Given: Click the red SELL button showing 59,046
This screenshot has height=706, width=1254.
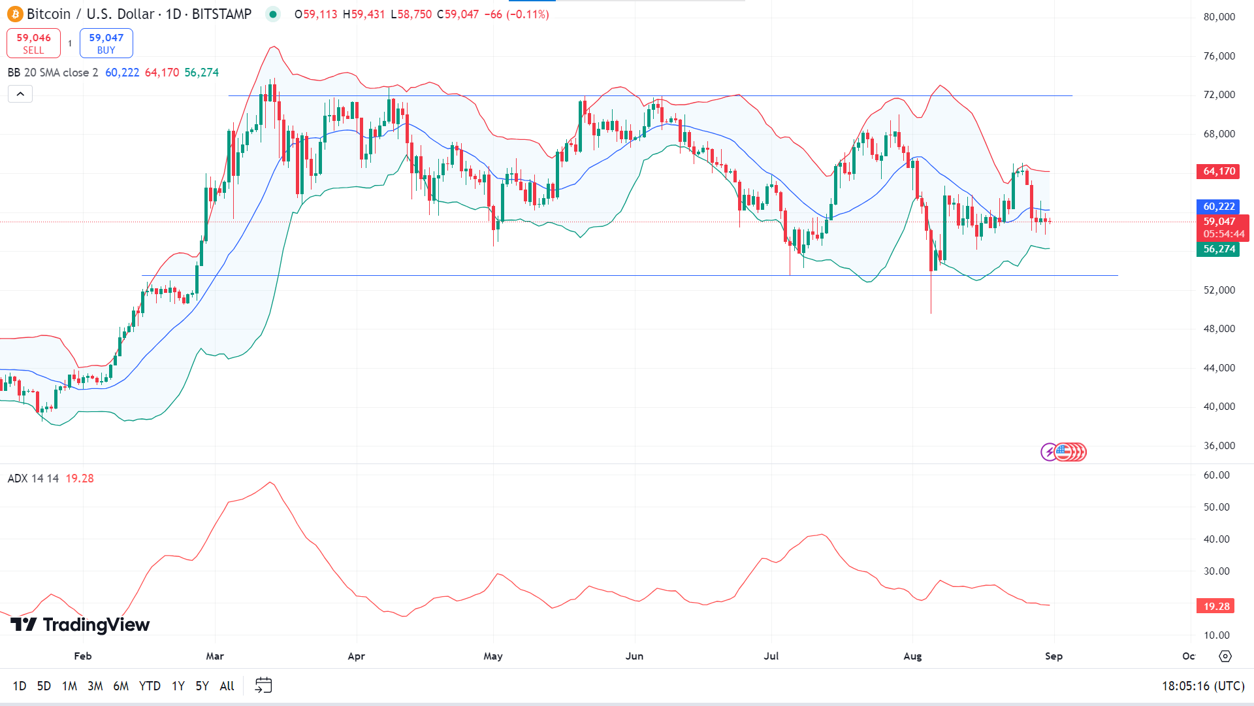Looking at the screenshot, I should [x=33, y=43].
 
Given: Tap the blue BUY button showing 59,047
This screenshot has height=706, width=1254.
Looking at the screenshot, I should [x=106, y=43].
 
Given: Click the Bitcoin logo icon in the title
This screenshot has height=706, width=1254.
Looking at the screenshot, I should [x=14, y=14].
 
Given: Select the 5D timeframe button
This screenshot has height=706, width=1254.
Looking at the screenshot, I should [x=44, y=686].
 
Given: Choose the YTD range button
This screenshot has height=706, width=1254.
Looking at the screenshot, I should [x=150, y=686].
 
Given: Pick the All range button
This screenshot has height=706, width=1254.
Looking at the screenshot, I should [x=227, y=686].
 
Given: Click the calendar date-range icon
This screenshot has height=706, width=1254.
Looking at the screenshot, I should [x=263, y=685].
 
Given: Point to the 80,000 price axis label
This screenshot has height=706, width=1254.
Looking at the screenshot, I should [x=1219, y=17].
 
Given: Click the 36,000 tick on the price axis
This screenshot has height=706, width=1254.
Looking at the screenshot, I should [x=1219, y=446].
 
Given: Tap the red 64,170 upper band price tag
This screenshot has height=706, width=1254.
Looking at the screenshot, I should [x=1219, y=171].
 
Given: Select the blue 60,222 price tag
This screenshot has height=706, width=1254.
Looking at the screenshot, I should [x=1219, y=207].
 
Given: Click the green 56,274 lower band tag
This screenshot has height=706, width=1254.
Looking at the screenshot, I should [x=1219, y=249].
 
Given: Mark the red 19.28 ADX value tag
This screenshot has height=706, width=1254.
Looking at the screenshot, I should [x=1216, y=607].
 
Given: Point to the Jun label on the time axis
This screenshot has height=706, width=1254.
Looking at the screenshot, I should [x=634, y=656].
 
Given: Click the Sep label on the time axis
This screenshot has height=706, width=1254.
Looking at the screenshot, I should [x=1053, y=656].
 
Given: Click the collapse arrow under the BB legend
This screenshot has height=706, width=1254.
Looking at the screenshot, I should [x=20, y=94].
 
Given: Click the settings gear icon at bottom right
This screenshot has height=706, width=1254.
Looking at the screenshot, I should [x=1225, y=656].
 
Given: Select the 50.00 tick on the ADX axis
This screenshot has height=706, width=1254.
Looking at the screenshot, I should [x=1216, y=507].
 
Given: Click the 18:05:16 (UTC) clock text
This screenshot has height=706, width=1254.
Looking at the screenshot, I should [x=1203, y=686].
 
